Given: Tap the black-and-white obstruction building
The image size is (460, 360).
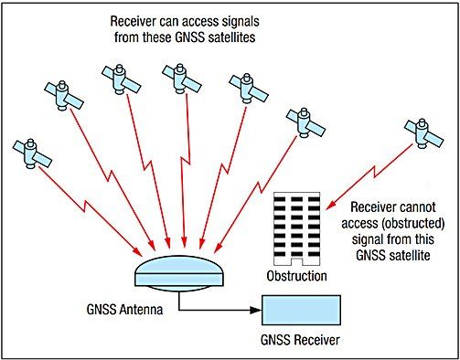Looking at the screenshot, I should tap(294, 230).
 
